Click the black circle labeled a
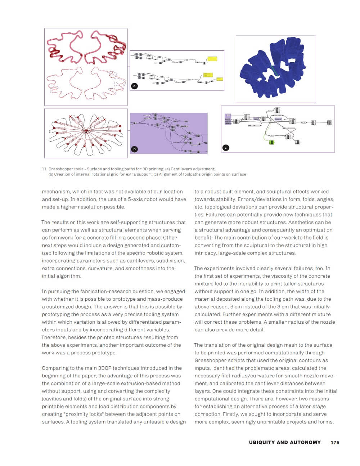point(134,86)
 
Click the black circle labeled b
point(134,149)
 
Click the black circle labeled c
point(226,148)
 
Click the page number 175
point(335,443)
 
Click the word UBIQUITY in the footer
point(261,443)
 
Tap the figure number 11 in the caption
point(44,169)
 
